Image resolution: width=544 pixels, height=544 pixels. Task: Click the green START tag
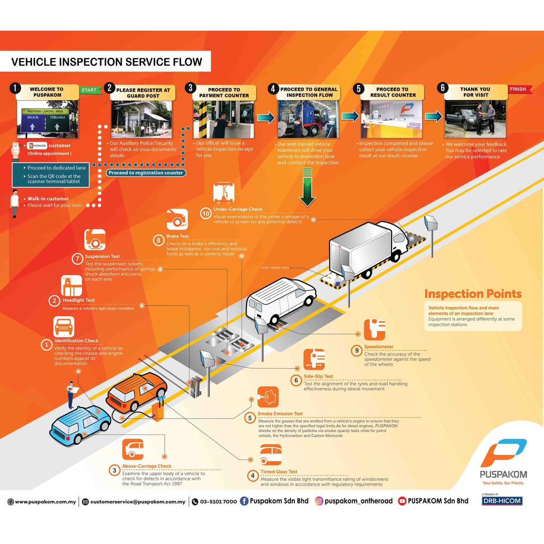pos(89,90)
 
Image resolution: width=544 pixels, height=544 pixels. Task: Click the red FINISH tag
pos(518,89)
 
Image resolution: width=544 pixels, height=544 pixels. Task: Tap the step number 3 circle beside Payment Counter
pos(190,89)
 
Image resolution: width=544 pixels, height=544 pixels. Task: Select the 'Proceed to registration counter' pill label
pos(146,173)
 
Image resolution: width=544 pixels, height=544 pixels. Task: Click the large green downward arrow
pos(307,186)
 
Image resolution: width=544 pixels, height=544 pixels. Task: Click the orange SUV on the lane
pos(137,392)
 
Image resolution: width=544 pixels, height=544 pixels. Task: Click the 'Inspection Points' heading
pos(472,294)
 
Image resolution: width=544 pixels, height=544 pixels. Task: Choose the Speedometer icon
pos(374,329)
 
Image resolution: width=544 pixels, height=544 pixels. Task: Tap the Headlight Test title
pos(79,300)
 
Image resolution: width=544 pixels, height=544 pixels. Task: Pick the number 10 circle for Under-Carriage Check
pos(205,214)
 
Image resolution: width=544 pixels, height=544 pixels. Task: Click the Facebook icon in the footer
pos(244,501)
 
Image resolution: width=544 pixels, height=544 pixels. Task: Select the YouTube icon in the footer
pos(402,501)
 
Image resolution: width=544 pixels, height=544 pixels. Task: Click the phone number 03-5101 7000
pos(218,501)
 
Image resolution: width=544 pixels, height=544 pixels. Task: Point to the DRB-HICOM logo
pos(502,501)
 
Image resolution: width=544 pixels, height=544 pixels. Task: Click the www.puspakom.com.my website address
pos(45,501)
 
